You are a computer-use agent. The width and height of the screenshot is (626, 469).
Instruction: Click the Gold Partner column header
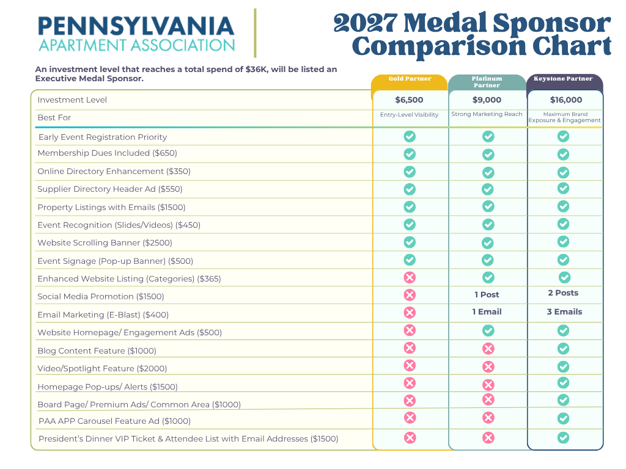pos(410,79)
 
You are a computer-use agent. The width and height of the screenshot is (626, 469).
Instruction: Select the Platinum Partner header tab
pos(487,82)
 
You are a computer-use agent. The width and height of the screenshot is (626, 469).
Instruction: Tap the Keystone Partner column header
pos(563,79)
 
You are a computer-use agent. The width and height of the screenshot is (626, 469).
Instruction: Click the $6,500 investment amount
pos(409,100)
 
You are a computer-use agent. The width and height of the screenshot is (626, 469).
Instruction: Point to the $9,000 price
pos(487,100)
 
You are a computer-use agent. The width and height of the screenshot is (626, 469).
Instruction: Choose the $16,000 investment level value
pos(565,100)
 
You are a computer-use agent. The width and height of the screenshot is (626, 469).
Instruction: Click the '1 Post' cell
pos(487,295)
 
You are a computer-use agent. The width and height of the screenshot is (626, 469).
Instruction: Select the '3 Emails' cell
pos(564,312)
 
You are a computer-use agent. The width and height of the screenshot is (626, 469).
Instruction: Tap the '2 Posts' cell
pos(563,293)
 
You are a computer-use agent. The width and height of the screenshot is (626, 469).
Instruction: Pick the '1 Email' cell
pos(487,312)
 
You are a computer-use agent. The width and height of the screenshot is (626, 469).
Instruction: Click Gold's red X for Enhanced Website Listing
pos(410,278)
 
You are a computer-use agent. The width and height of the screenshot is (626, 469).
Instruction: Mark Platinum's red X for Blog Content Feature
pos(488,349)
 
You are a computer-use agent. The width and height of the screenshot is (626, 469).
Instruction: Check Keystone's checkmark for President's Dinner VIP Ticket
pos(563,438)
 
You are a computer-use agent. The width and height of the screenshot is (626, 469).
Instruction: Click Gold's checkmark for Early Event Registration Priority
pos(410,136)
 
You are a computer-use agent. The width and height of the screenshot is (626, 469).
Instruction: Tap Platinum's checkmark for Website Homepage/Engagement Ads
pos(488,330)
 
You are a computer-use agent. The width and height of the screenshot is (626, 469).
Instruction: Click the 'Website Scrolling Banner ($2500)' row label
pos(105,243)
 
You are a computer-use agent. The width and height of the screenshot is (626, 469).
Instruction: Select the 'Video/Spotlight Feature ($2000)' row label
pos(102,368)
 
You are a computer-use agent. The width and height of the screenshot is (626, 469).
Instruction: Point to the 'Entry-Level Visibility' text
pos(409,115)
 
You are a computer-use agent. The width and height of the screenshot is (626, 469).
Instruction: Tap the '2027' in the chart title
pos(366,23)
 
